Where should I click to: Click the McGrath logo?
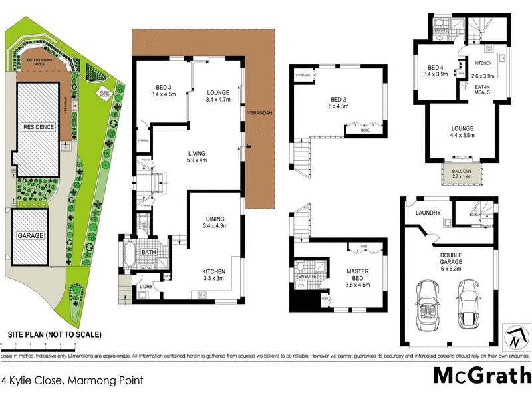point(482,376)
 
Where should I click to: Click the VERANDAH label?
point(259,114)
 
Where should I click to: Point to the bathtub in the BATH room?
point(129,255)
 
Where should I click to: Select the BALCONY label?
point(462,172)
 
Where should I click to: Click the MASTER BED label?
point(358,274)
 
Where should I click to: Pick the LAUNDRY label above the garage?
point(428,213)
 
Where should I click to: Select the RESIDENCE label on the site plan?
point(39,126)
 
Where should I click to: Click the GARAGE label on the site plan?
point(31,235)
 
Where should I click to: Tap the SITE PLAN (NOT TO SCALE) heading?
point(55,334)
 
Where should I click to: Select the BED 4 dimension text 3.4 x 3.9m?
point(436,74)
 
